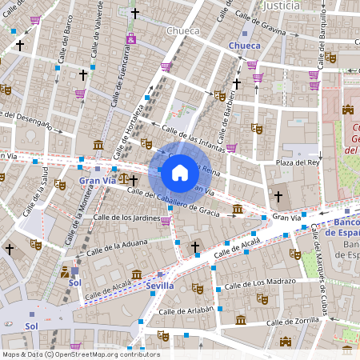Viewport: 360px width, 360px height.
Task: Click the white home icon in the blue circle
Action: click(x=180, y=172)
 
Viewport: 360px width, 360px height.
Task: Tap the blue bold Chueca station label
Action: click(x=244, y=46)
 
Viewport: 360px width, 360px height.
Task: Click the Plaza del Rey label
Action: click(x=298, y=163)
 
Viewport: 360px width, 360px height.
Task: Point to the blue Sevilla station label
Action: click(x=161, y=285)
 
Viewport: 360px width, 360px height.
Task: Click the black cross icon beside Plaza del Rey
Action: click(x=278, y=196)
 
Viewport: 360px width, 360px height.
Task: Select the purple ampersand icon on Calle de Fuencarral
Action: click(x=130, y=39)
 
